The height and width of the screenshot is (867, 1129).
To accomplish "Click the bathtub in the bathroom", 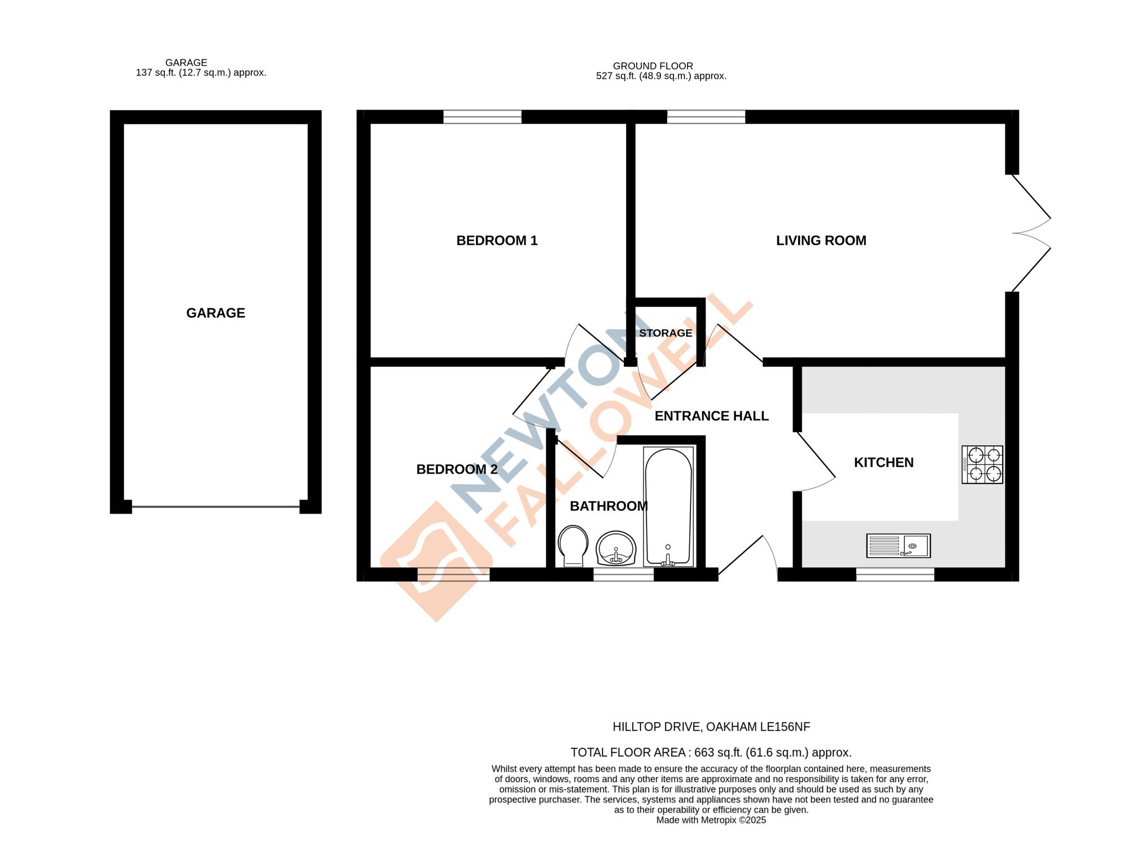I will point(668,507).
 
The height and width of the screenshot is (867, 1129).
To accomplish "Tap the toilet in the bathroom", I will point(572,546).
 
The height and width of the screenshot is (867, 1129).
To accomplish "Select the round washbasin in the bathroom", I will point(616,548).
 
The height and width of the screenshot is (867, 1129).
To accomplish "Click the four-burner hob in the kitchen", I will point(982,465).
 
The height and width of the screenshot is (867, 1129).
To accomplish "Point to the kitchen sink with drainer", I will point(898,546).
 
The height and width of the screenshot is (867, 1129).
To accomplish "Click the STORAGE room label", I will point(666,333).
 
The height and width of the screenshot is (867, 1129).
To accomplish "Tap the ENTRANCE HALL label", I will point(711,416).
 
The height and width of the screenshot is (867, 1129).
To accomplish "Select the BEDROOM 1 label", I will point(497,240).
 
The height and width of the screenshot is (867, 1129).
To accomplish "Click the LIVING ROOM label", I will point(821,240).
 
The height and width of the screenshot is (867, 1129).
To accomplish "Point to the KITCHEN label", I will point(883,462).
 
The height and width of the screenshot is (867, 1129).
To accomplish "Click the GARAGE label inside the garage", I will point(216,313).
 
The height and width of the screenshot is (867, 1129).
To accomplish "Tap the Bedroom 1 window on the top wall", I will point(482,117).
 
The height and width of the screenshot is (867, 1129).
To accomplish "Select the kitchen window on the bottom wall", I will point(895,575).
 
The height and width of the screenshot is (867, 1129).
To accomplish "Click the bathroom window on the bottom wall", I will point(623,575).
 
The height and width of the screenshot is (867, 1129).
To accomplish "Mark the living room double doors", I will point(1030,233).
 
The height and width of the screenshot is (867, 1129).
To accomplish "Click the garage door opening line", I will point(216,507).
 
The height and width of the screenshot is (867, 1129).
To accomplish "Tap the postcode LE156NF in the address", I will point(785,727).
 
